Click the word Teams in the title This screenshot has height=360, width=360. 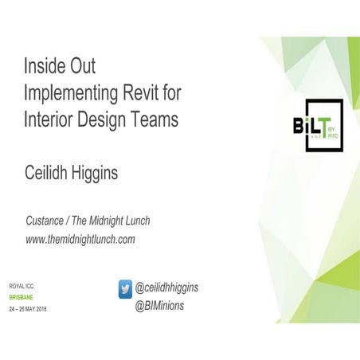[155, 119]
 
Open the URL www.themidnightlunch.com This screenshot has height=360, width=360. [80, 239]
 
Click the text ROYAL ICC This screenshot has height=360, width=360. [22, 285]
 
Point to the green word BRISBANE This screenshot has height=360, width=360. [22, 296]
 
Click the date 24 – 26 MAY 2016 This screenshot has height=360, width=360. [28, 308]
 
